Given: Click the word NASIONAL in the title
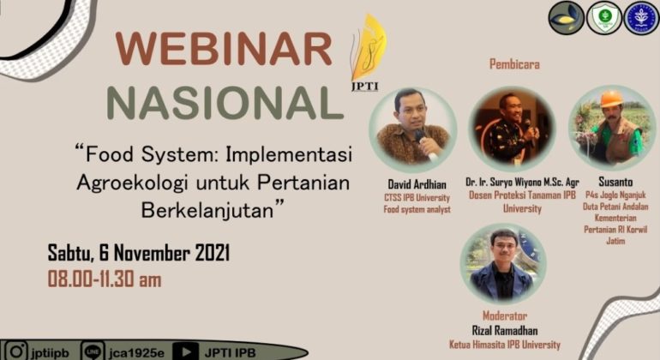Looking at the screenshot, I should click(x=225, y=103).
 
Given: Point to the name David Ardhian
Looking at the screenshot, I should click(x=412, y=184).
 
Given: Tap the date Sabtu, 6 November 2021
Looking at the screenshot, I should click(x=138, y=255).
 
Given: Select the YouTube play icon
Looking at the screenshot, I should click(x=184, y=351).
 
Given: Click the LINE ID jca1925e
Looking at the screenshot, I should click(x=136, y=351).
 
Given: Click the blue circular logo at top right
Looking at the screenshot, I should click(x=641, y=18).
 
